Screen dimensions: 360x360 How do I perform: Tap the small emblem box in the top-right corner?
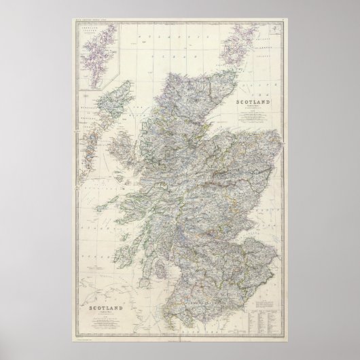click(274, 29)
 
